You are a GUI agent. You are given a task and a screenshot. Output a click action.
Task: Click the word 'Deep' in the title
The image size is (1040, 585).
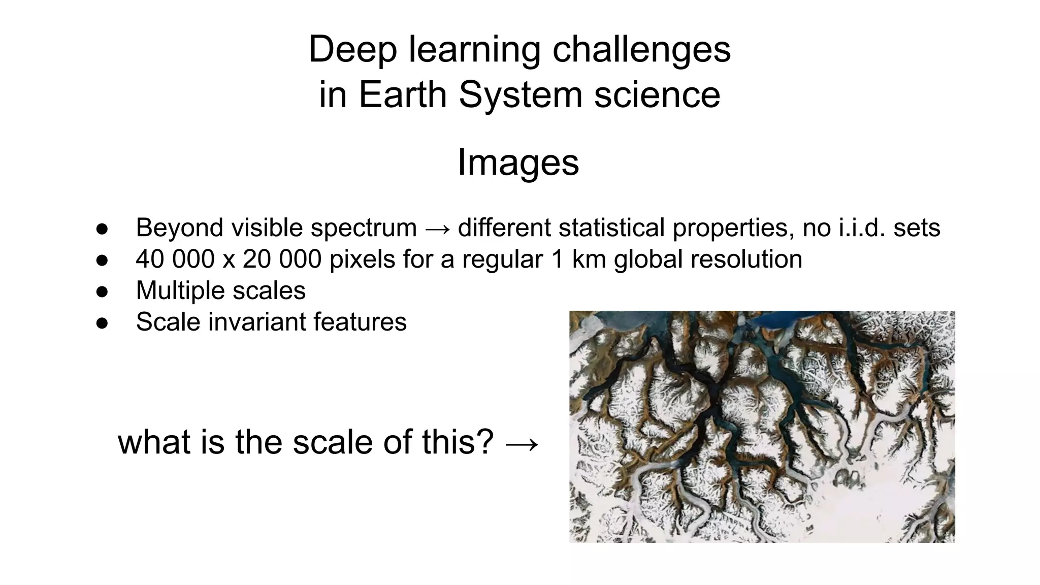click(352, 50)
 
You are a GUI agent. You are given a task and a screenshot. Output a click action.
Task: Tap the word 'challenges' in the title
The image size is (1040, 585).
click(641, 50)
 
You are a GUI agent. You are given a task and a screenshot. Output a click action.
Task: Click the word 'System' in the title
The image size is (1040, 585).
click(520, 95)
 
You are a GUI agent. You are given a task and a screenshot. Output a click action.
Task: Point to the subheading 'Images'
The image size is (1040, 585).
click(518, 162)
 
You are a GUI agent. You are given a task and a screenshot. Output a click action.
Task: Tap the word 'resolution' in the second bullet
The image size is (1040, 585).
click(744, 259)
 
